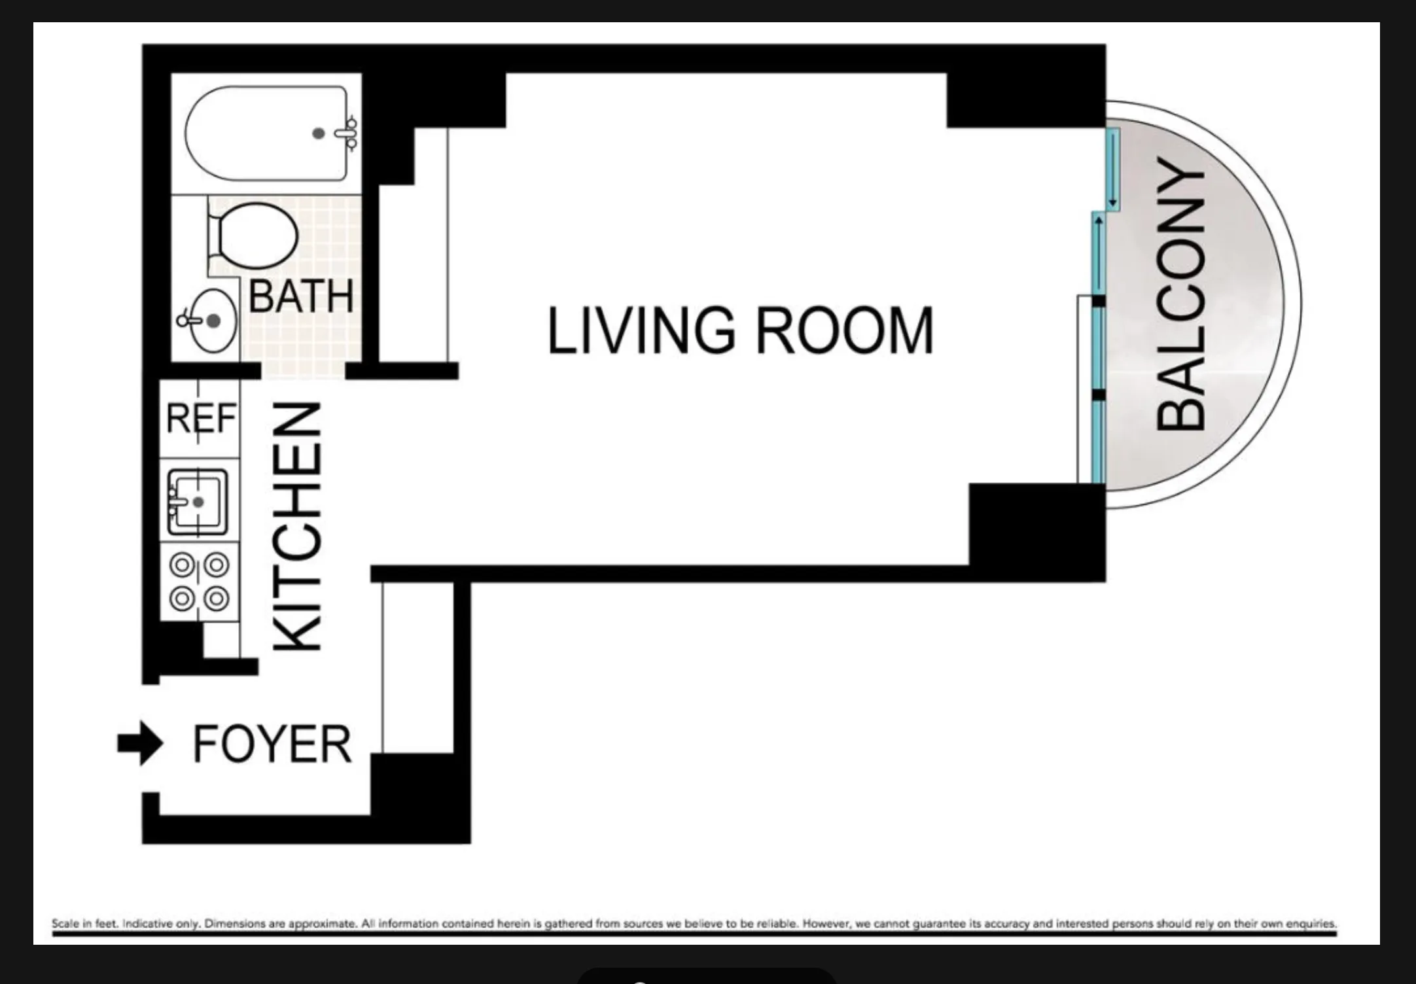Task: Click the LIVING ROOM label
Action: click(x=739, y=332)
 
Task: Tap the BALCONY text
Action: click(x=1180, y=294)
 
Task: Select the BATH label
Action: click(x=301, y=296)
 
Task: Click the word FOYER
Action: click(x=272, y=745)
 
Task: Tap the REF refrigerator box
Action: click(x=200, y=419)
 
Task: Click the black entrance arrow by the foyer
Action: click(x=139, y=743)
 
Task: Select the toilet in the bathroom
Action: click(x=255, y=236)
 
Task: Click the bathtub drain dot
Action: click(x=319, y=133)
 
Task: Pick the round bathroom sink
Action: click(x=211, y=321)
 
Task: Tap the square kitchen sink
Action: click(x=198, y=502)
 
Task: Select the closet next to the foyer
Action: click(x=417, y=667)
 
